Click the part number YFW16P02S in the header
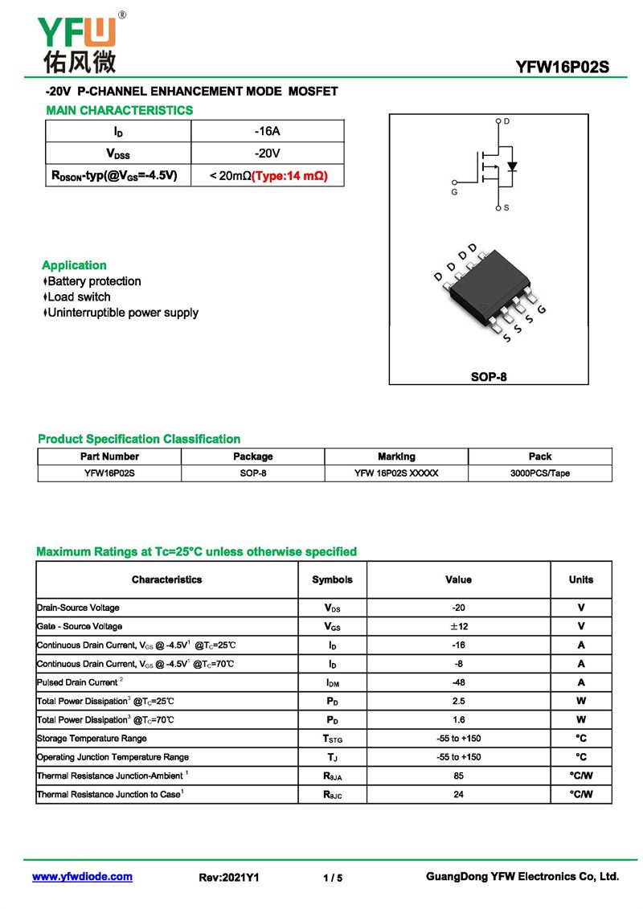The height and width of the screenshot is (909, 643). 563,68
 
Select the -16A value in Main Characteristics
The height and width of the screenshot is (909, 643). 267,131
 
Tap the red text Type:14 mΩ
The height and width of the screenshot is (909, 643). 290,175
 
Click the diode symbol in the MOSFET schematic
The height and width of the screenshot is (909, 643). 512,167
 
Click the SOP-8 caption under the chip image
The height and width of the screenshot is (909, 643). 489,376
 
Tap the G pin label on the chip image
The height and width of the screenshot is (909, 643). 542,310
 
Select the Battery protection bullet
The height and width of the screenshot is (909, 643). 94,281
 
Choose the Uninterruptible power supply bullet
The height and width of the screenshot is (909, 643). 122,313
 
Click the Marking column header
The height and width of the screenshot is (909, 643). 396,457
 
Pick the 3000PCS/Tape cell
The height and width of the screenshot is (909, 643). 539,473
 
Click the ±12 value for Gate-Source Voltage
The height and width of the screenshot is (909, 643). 459,626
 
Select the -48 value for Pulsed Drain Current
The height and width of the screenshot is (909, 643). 459,682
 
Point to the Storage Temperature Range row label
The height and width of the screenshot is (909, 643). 92,739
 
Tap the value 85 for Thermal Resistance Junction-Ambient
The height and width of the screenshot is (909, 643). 459,776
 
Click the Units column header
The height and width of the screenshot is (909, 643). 580,579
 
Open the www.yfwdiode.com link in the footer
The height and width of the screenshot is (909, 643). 82,877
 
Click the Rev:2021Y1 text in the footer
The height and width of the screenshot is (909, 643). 229,878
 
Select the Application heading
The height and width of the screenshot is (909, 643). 74,265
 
